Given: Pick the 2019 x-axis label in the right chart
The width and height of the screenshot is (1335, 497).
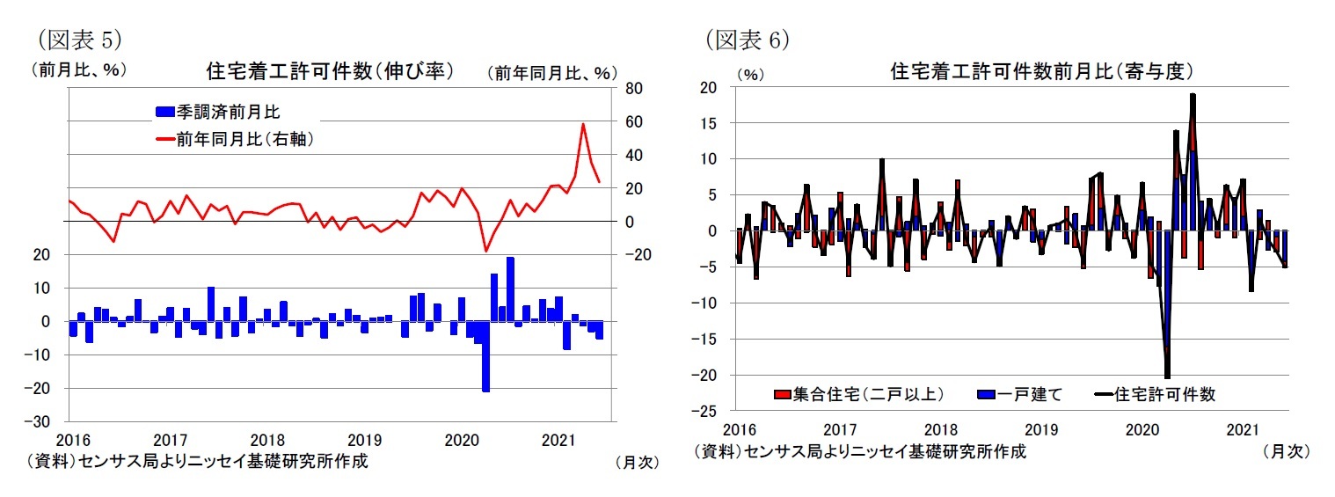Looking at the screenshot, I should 1041,430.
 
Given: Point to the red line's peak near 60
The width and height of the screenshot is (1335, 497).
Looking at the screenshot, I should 582,124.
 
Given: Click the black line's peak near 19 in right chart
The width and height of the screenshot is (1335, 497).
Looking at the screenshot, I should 1193,95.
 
